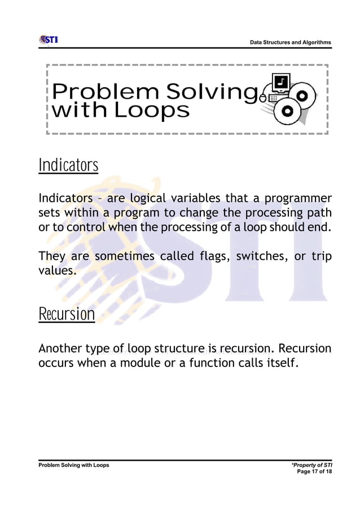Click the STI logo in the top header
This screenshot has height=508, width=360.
(x=49, y=40)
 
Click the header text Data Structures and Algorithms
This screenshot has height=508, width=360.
(x=291, y=43)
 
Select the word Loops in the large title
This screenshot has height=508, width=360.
(x=151, y=110)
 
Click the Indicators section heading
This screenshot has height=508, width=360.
(x=68, y=166)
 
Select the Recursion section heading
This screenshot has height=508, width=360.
(x=67, y=314)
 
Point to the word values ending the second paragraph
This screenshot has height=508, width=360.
(x=56, y=271)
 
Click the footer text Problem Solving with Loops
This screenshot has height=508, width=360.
(x=74, y=465)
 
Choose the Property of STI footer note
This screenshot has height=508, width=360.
(x=311, y=465)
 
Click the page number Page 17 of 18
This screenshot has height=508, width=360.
(x=314, y=471)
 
